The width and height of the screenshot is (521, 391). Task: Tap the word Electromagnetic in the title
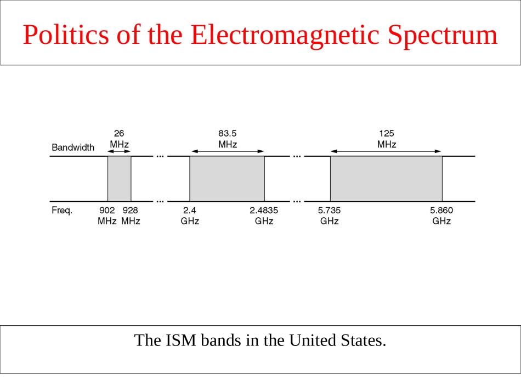pyautogui.click(x=285, y=35)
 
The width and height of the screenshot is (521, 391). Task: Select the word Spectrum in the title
pyautogui.click(x=443, y=35)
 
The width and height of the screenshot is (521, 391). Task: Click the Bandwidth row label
pyautogui.click(x=73, y=148)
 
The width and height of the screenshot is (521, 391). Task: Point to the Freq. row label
pyautogui.click(x=62, y=210)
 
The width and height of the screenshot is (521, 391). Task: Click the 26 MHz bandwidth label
pyautogui.click(x=119, y=139)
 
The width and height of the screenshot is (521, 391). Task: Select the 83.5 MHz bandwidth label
pyautogui.click(x=228, y=139)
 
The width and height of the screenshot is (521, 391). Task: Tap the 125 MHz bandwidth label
pyautogui.click(x=387, y=139)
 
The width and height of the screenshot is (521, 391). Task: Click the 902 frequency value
pyautogui.click(x=107, y=210)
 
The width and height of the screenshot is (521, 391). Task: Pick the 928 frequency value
pyautogui.click(x=130, y=210)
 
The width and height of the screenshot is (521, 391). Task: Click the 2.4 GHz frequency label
pyautogui.click(x=190, y=216)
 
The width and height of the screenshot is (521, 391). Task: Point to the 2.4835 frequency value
pyautogui.click(x=264, y=210)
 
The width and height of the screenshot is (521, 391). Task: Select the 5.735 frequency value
pyautogui.click(x=330, y=210)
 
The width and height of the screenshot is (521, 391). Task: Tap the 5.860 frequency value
pyautogui.click(x=441, y=210)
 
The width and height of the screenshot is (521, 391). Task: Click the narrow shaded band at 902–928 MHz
pyautogui.click(x=119, y=179)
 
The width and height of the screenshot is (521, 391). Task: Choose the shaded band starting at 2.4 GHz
pyautogui.click(x=227, y=179)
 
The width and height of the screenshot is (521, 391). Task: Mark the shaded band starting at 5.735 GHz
pyautogui.click(x=386, y=179)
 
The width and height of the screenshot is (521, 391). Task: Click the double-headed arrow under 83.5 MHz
pyautogui.click(x=228, y=151)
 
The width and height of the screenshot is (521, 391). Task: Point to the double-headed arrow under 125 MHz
pyautogui.click(x=386, y=151)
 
